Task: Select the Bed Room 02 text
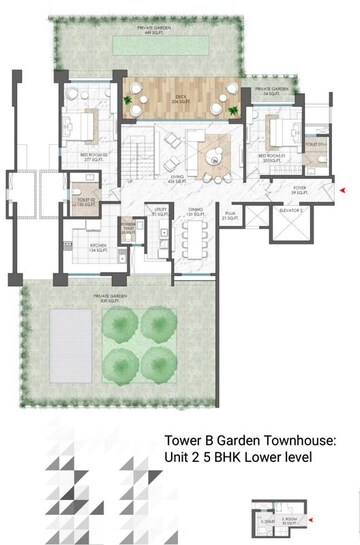pyautogui.click(x=80, y=155)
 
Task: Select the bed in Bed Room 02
pyautogui.click(x=79, y=125)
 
